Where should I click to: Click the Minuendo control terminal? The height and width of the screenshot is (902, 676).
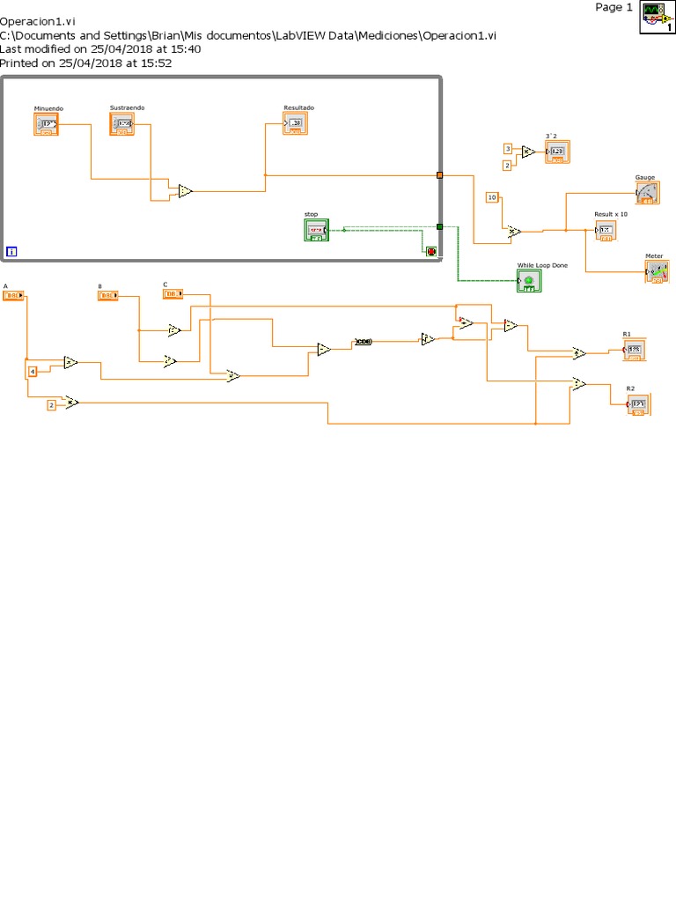47,125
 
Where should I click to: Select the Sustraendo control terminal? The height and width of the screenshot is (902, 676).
122,124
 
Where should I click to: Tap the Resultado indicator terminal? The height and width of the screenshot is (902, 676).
295,124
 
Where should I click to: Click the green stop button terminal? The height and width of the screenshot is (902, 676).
316,230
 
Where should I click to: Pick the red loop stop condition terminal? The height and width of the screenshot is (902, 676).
431,251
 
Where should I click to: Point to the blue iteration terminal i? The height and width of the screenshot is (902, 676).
11,252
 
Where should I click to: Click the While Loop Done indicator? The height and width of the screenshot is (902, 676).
529,280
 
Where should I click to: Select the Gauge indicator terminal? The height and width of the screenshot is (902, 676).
647,193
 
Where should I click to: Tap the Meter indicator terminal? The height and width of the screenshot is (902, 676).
657,272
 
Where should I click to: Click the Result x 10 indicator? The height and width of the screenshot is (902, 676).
605,230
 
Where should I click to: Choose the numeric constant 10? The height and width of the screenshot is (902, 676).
492,196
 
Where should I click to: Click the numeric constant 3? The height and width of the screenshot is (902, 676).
507,148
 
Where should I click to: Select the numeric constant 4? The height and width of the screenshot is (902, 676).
33,372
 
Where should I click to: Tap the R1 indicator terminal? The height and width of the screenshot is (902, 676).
635,351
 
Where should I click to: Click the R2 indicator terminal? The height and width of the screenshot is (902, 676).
638,404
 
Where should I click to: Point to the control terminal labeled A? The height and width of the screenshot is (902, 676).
13,296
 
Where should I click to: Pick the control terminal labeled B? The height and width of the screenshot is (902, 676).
107,296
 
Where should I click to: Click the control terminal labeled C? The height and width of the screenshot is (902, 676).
173,293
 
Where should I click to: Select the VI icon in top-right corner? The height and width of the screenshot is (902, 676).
656,16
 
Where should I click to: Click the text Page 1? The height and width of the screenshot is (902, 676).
613,8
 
